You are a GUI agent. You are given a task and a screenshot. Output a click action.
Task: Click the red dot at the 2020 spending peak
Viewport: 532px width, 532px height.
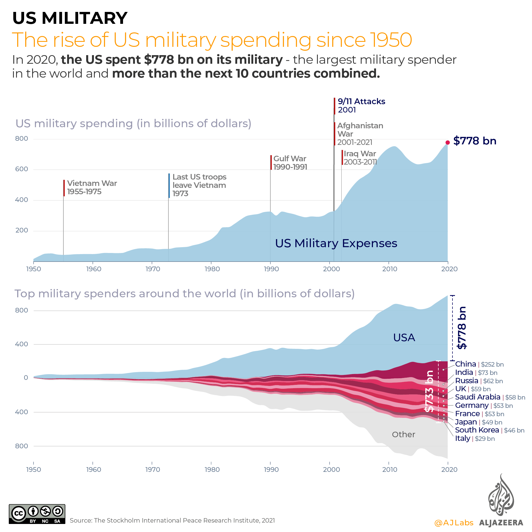(447, 142)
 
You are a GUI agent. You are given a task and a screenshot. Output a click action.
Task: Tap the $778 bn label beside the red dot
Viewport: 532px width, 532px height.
(475, 141)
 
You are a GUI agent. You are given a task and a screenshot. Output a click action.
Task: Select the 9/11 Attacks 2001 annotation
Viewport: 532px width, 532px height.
(361, 106)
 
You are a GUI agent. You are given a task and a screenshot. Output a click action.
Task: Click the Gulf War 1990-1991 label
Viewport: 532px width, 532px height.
(290, 163)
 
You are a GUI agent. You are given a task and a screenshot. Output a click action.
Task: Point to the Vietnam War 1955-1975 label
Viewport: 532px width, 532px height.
(92, 187)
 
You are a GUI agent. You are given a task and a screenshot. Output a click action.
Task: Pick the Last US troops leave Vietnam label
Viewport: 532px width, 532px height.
(199, 185)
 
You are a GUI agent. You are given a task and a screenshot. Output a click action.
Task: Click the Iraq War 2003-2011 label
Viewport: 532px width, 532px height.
(360, 158)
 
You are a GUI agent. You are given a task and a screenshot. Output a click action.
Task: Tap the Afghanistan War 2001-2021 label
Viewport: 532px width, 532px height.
(360, 134)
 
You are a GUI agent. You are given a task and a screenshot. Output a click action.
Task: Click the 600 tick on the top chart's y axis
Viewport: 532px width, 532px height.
(22, 169)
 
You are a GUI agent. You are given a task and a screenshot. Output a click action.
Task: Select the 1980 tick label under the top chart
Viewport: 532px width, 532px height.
(212, 269)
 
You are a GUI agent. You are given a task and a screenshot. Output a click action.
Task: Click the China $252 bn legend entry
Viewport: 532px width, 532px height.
(479, 364)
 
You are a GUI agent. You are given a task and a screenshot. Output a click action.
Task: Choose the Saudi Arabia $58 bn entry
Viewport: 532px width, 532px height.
(490, 397)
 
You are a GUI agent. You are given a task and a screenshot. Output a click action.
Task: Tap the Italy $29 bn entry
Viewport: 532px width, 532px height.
(475, 438)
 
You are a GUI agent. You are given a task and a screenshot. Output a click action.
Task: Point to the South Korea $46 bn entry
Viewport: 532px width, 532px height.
(489, 430)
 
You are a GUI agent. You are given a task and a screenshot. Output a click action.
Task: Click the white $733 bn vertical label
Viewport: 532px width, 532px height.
(429, 391)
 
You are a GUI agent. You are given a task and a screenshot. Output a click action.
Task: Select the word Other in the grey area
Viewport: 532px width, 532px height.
(403, 434)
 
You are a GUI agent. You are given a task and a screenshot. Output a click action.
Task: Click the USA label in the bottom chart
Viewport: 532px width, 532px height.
(404, 337)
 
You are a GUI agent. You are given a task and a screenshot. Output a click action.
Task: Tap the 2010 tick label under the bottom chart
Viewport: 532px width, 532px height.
(390, 470)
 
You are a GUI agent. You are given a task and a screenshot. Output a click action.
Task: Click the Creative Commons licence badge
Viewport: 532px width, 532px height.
(37, 514)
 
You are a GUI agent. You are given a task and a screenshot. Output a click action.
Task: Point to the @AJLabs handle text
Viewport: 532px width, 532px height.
(454, 523)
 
